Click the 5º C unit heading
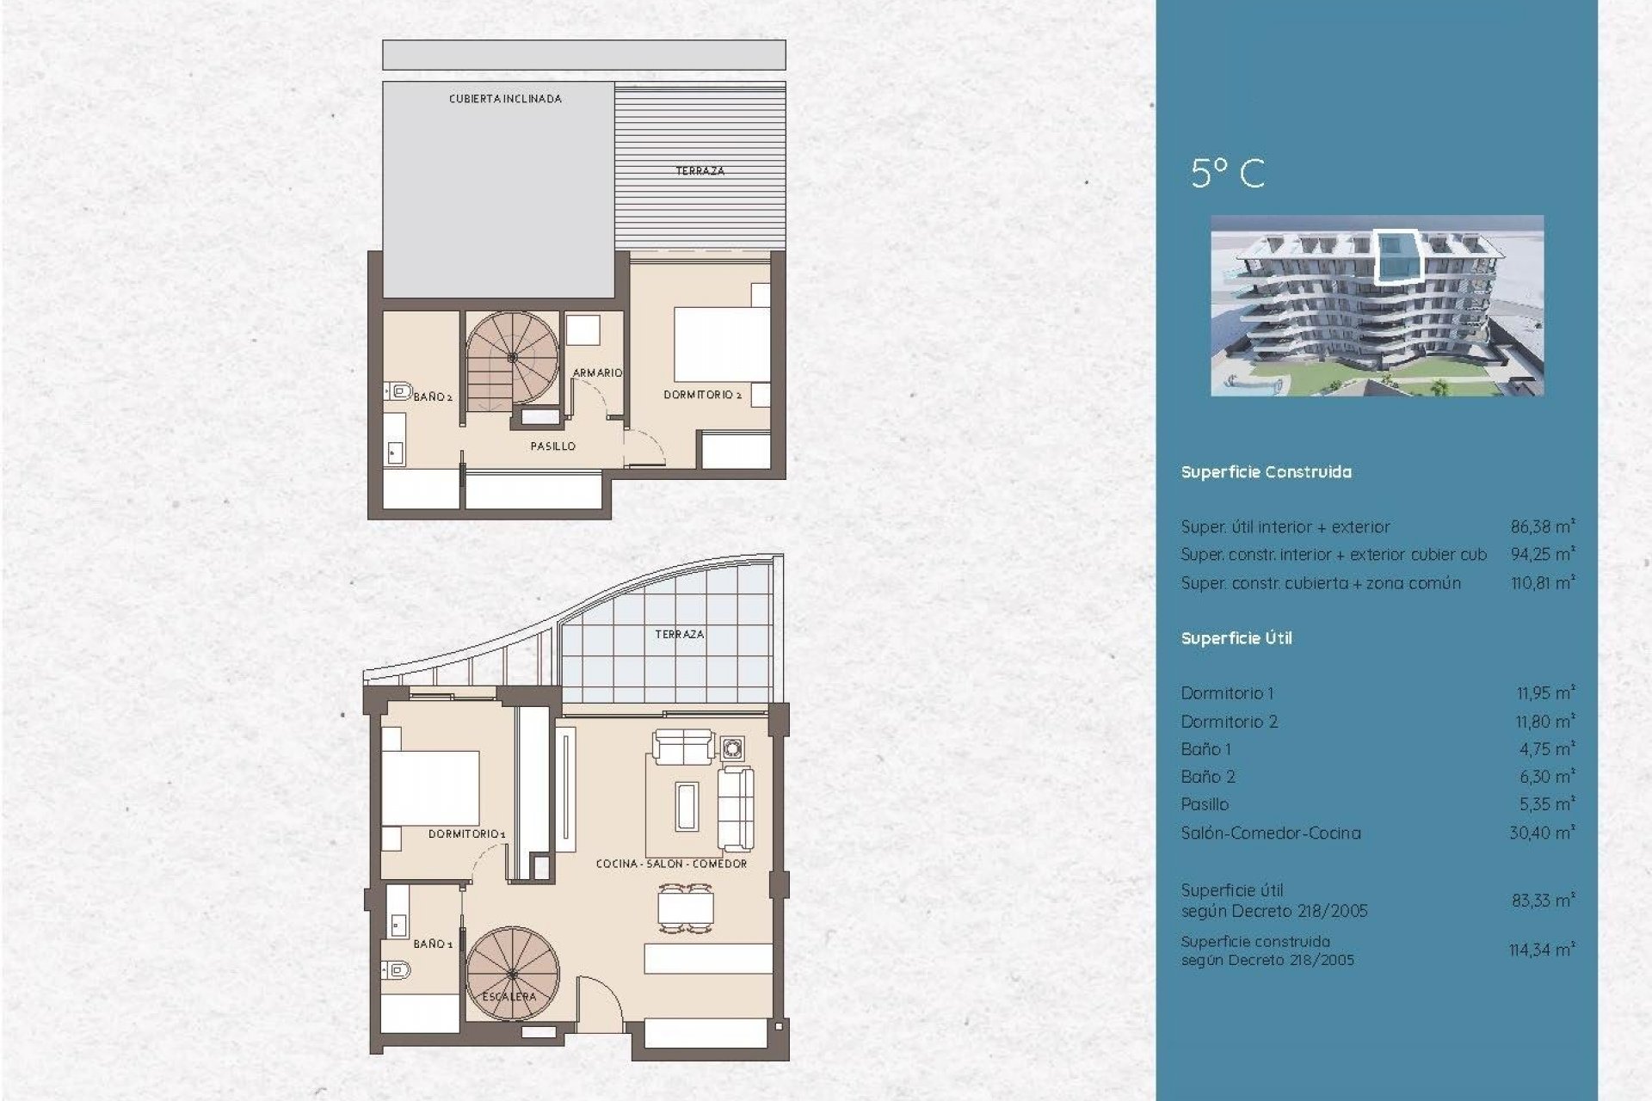[x=1228, y=174]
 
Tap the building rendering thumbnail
[x=1377, y=305]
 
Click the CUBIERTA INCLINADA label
[x=505, y=99]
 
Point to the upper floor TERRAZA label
[x=700, y=171]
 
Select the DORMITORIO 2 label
[x=702, y=395]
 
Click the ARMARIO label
[x=597, y=372]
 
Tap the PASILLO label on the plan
[x=552, y=446]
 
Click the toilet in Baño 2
[x=399, y=392]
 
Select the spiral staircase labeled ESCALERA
[x=512, y=973]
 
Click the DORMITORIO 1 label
[x=466, y=834]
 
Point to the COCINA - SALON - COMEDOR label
[x=671, y=864]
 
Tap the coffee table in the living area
[x=687, y=806]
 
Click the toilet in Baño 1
[x=398, y=970]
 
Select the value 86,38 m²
[x=1542, y=526]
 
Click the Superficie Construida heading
[x=1266, y=472]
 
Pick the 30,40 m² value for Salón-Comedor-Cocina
[x=1542, y=833]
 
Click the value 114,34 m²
[x=1541, y=950]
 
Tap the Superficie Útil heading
[x=1236, y=638]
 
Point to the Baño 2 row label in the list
[x=1208, y=777]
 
